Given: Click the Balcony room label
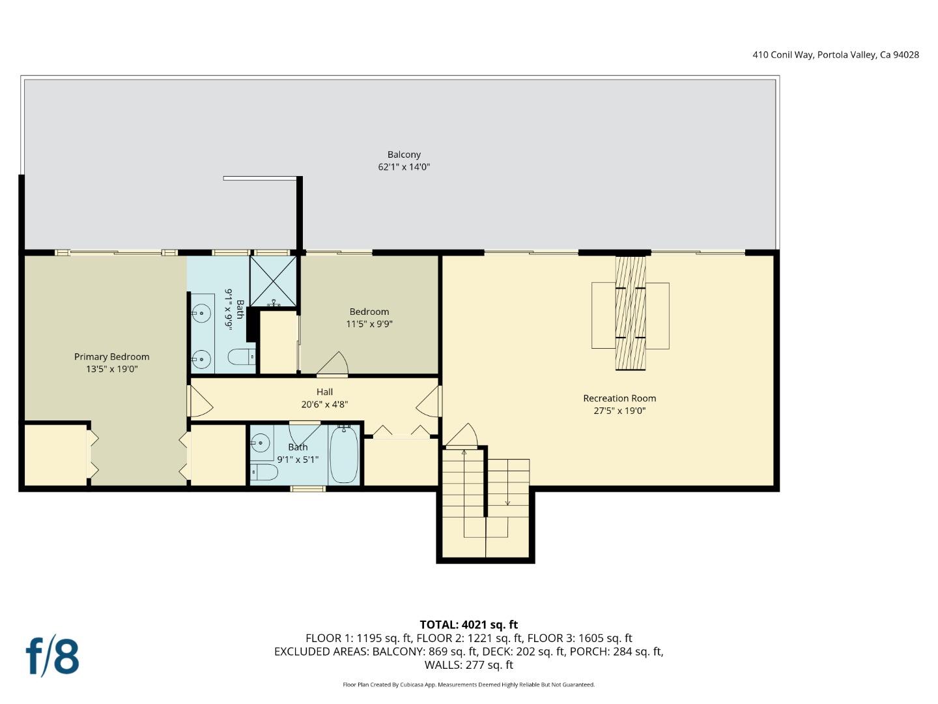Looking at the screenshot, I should coord(404,154).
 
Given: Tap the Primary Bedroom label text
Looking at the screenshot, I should coord(111,357).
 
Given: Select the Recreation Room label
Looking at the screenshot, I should coord(619,398).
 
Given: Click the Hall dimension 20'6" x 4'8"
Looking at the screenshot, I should coord(324,404).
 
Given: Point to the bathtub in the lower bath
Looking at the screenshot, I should coord(343,454).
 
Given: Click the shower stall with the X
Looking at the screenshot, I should coord(274,281).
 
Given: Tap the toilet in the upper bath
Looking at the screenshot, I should coord(240,357).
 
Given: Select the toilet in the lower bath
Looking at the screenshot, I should coord(264,471).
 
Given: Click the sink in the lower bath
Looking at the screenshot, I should coord(261,443).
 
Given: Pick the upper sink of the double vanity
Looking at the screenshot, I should coord(201,314).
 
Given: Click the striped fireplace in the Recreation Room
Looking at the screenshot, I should coord(631,314).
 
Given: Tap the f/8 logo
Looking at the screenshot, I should coord(52,656).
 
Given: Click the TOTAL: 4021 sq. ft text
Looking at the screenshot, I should coord(468,624).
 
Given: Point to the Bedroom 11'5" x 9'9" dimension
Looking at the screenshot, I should coord(369,324).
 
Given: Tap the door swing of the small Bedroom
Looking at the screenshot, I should coord(335,364).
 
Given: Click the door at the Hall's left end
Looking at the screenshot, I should coord(199,402).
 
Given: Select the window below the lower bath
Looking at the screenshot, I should coord(308,488).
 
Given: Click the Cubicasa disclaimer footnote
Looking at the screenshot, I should coord(468,684).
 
